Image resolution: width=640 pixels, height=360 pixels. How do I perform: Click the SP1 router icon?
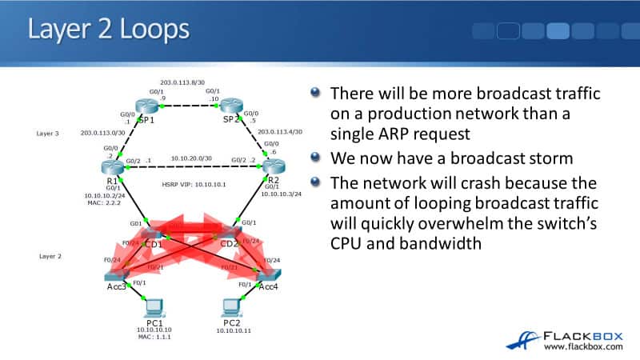(x=147, y=106)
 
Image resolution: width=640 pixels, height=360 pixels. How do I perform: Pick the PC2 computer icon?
(x=230, y=306)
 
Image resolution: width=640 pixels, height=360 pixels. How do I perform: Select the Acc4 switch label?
(x=268, y=288)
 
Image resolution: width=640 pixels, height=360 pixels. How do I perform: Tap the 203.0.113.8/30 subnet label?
(x=182, y=81)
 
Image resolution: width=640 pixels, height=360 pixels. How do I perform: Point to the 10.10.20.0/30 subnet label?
(x=189, y=158)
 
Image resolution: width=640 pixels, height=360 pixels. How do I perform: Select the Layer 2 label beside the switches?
(x=50, y=257)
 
